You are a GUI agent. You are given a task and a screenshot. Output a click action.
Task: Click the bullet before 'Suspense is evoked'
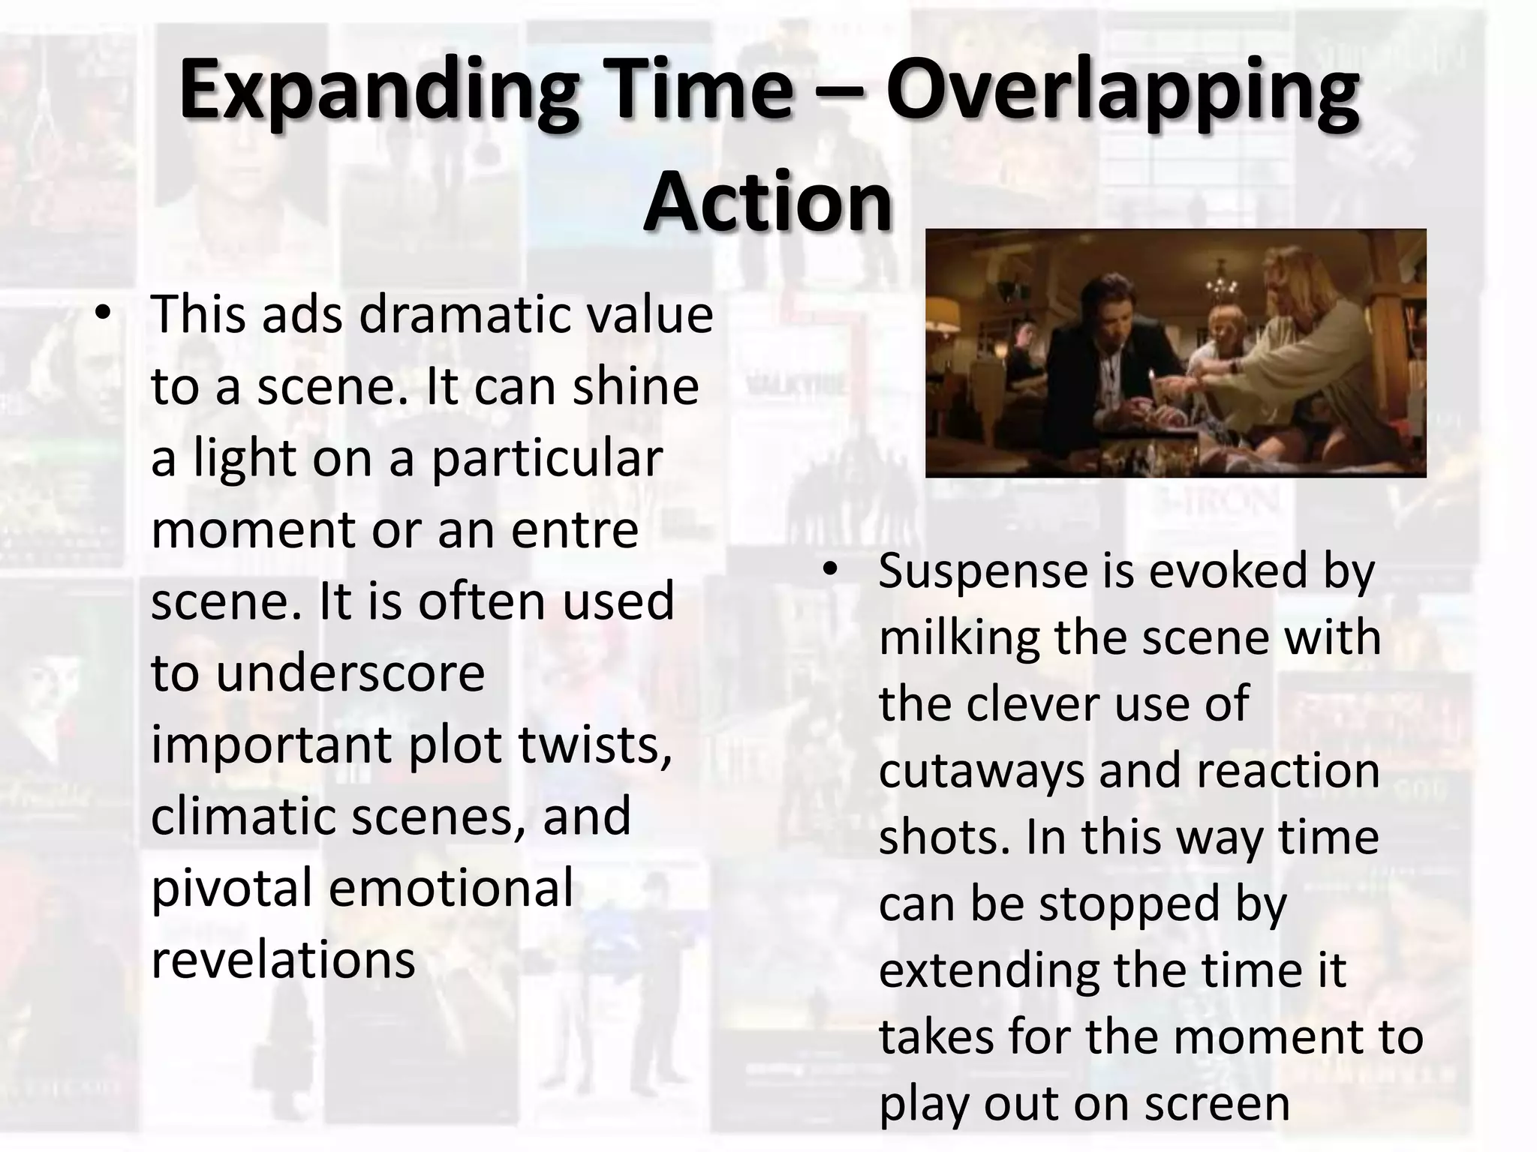[x=829, y=570]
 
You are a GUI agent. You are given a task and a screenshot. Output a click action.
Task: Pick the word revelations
[x=283, y=960]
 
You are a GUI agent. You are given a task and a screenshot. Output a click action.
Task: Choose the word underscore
[x=351, y=673]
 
